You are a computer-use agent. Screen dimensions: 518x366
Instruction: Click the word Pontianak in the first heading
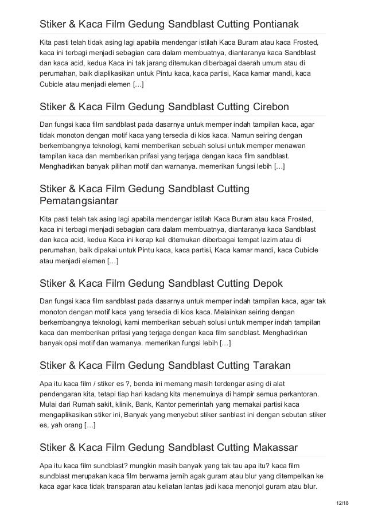pos(274,25)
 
